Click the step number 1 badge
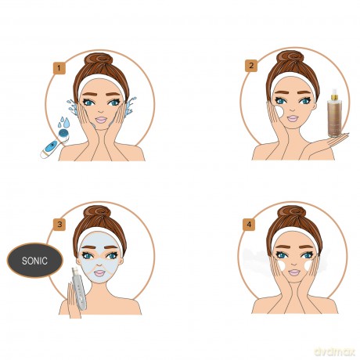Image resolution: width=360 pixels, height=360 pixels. click(59, 68)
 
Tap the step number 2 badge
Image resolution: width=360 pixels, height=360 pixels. click(251, 66)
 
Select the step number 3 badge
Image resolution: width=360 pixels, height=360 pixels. click(59, 225)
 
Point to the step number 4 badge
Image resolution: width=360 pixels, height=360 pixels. click(249, 225)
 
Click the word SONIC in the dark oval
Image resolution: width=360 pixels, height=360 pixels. click(34, 261)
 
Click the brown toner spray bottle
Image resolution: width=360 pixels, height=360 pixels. click(334, 113)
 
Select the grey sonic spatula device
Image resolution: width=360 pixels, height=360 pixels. click(79, 289)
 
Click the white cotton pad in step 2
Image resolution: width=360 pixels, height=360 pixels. click(279, 111)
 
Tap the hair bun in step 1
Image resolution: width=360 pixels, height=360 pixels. click(100, 60)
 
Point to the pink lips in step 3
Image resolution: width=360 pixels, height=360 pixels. click(99, 273)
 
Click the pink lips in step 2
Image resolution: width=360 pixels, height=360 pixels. click(293, 118)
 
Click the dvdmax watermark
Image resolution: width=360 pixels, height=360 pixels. click(335, 351)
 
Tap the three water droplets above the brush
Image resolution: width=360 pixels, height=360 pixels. click(63, 122)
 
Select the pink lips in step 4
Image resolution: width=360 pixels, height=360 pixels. click(294, 272)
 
